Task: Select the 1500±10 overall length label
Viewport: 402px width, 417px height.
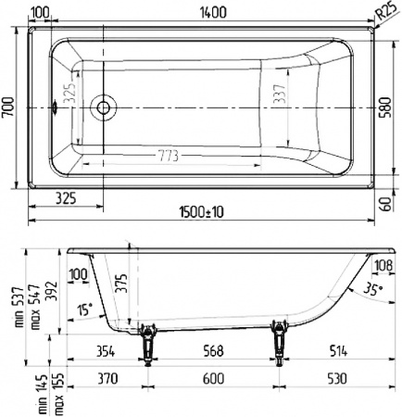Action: pyautogui.click(x=201, y=213)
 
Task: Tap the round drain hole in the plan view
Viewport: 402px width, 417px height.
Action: pyautogui.click(x=103, y=108)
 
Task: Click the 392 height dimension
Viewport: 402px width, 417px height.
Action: pyautogui.click(x=54, y=292)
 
